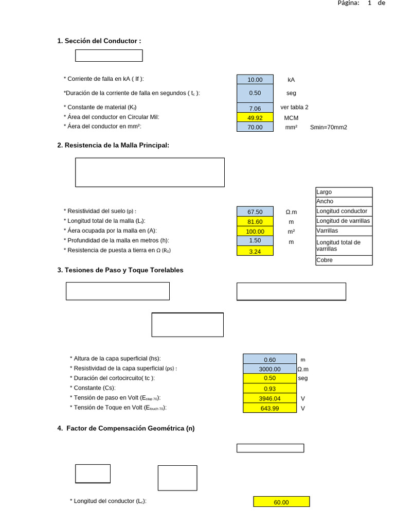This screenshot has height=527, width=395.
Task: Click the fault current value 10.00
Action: coord(255,79)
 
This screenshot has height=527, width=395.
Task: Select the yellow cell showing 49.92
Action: coord(255,117)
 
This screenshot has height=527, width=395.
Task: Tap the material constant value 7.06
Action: coord(255,108)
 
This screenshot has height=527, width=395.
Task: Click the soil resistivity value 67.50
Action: coord(255,212)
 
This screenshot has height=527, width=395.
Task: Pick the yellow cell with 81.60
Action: coord(255,221)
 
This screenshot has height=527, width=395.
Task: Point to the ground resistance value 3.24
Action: coord(255,251)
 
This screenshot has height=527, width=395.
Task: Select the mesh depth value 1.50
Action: coord(255,241)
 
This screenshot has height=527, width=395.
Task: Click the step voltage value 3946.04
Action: coord(270,398)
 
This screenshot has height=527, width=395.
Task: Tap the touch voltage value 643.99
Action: coord(270,408)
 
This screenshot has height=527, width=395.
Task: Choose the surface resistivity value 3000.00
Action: coord(270,369)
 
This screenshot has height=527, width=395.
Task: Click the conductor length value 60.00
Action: coord(281,502)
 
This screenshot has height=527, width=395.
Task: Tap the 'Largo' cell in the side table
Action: coord(344,192)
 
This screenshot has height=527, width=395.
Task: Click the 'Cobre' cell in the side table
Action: coord(344,260)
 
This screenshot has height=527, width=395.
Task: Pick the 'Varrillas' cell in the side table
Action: coord(344,231)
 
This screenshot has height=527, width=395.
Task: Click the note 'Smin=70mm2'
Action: coord(328,127)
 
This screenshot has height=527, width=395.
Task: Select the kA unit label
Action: coord(291,80)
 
